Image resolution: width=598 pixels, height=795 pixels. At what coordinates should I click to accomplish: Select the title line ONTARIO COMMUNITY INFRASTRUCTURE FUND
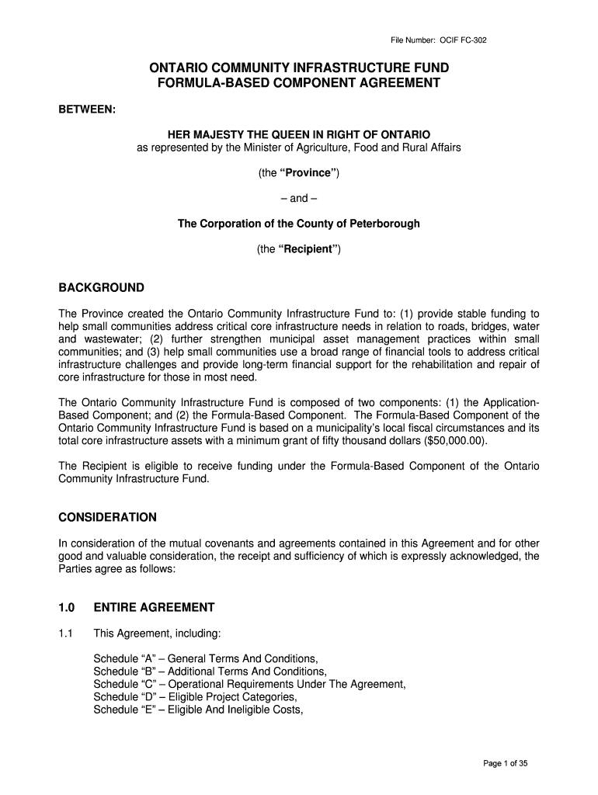[x=299, y=68]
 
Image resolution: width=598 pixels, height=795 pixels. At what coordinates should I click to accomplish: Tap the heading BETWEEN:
[x=88, y=109]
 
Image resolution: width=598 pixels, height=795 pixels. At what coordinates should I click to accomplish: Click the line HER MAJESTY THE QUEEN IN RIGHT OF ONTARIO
[x=299, y=134]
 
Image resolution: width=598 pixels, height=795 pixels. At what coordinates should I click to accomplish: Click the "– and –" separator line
[x=299, y=198]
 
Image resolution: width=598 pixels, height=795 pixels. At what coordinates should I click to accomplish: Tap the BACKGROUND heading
[x=102, y=288]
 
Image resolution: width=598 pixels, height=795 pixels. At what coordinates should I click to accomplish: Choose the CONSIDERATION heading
[x=108, y=517]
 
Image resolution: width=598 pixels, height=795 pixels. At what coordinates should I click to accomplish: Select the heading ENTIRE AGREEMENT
[x=154, y=607]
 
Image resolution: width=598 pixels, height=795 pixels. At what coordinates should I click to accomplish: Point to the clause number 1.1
[x=66, y=634]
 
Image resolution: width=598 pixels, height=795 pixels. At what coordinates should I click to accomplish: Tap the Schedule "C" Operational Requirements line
[x=249, y=684]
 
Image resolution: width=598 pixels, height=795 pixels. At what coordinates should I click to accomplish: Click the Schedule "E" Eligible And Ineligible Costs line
[x=197, y=710]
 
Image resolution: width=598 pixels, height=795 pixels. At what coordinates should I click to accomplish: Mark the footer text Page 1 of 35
[x=505, y=763]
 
